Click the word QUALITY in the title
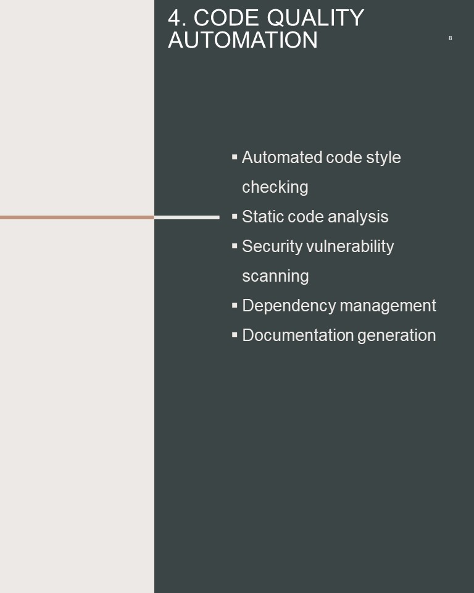pyautogui.click(x=315, y=18)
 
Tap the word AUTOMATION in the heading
pyautogui.click(x=243, y=40)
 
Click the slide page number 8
pyautogui.click(x=450, y=38)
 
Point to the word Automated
pyautogui.click(x=281, y=157)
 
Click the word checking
pyautogui.click(x=275, y=187)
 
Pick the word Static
pyautogui.click(x=263, y=216)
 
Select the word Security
pyautogui.click(x=272, y=246)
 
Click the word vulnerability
pyautogui.click(x=350, y=246)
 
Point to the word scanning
pyautogui.click(x=275, y=276)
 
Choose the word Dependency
pyautogui.click(x=289, y=306)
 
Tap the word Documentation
pyautogui.click(x=297, y=335)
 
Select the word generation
pyautogui.click(x=396, y=335)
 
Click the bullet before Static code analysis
pyautogui.click(x=235, y=216)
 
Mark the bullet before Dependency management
pyautogui.click(x=235, y=305)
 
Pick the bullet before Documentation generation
pyautogui.click(x=235, y=335)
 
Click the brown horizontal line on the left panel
pyautogui.click(x=77, y=217)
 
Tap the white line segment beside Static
pyautogui.click(x=187, y=217)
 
